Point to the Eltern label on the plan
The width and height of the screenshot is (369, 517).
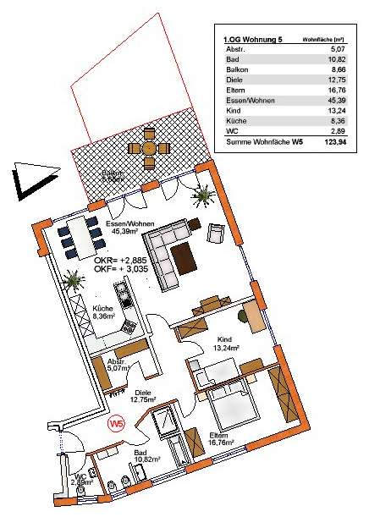click(x=220, y=436)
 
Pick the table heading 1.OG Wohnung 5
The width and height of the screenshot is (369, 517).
click(x=253, y=39)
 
